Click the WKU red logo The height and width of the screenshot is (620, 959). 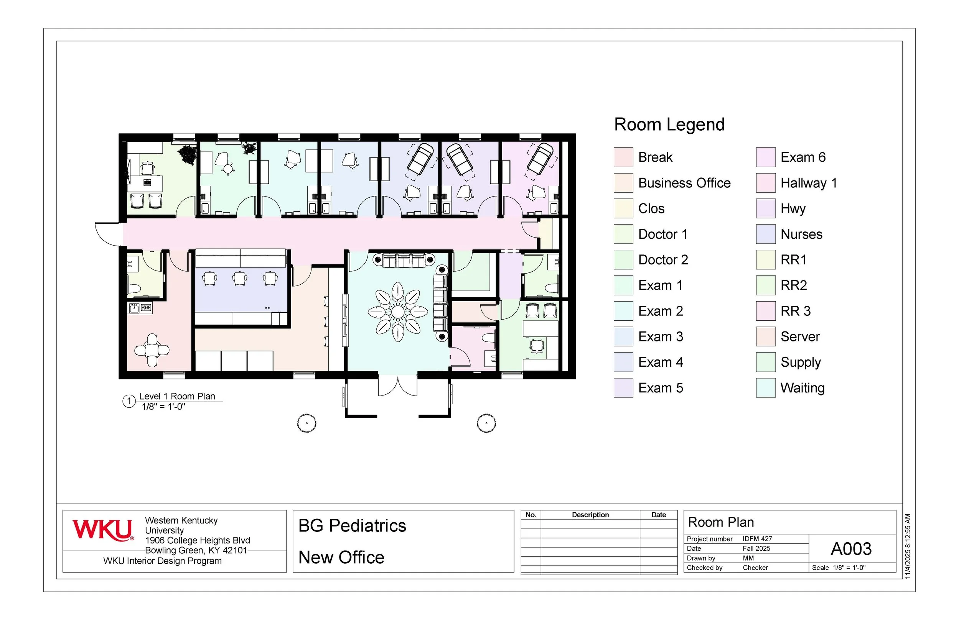[102, 530]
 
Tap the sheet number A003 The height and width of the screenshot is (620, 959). [851, 549]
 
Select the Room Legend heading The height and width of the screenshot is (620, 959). [669, 125]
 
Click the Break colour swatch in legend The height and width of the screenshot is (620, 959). [623, 157]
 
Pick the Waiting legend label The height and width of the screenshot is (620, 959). [802, 388]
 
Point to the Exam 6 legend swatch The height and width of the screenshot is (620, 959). [765, 157]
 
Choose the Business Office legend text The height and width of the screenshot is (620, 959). [684, 183]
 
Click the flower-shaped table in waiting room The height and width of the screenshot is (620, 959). [398, 312]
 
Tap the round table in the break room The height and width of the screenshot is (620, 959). [152, 350]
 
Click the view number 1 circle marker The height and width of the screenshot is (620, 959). [129, 401]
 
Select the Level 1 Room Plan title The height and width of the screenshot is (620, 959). [177, 396]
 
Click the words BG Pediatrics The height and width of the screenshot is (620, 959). [352, 526]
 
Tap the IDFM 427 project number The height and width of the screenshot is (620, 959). [757, 539]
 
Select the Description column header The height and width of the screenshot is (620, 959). [590, 515]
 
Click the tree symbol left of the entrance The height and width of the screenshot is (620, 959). [306, 423]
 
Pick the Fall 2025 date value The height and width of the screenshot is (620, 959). [756, 548]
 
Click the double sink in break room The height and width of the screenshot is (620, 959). [140, 308]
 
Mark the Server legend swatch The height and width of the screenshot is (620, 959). [765, 336]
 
